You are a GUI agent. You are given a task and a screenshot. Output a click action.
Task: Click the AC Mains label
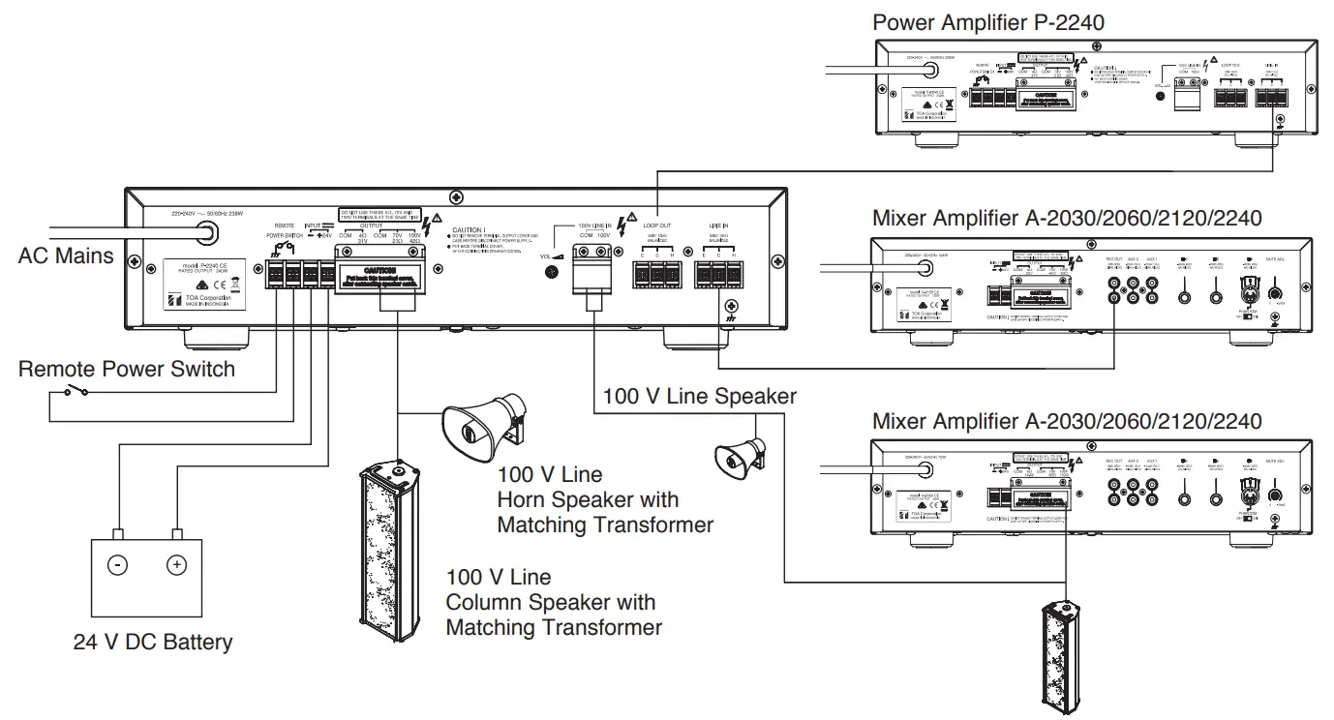[x=66, y=256]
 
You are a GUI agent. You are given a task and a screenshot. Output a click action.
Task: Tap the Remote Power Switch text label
[x=127, y=369]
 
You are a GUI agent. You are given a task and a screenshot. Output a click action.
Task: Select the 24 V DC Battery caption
[x=153, y=642]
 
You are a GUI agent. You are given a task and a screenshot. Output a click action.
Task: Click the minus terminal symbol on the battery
[x=117, y=565]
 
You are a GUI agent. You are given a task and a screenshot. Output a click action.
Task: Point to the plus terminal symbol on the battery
[x=176, y=565]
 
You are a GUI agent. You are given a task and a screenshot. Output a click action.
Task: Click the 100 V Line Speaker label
[x=699, y=396]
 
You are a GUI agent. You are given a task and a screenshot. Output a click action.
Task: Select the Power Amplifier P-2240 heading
[x=987, y=22]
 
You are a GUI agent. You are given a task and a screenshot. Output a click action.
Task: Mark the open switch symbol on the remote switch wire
[x=75, y=391]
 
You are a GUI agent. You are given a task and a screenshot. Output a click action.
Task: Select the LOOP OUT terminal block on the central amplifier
[x=656, y=274]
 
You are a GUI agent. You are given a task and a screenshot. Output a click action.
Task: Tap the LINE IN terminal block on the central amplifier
[x=718, y=274]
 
